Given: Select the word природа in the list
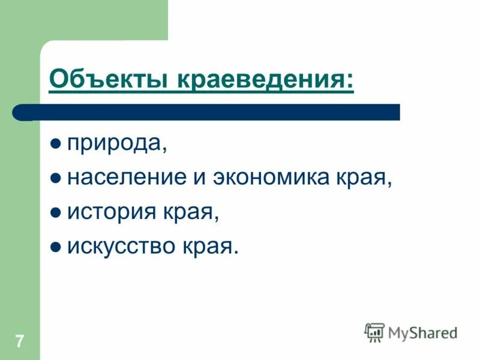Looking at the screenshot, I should pyautogui.click(x=114, y=144).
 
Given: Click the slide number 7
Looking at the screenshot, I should pyautogui.click(x=20, y=342).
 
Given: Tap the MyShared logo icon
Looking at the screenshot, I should pyautogui.click(x=374, y=332).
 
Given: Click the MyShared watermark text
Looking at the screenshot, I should pyautogui.click(x=423, y=333).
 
